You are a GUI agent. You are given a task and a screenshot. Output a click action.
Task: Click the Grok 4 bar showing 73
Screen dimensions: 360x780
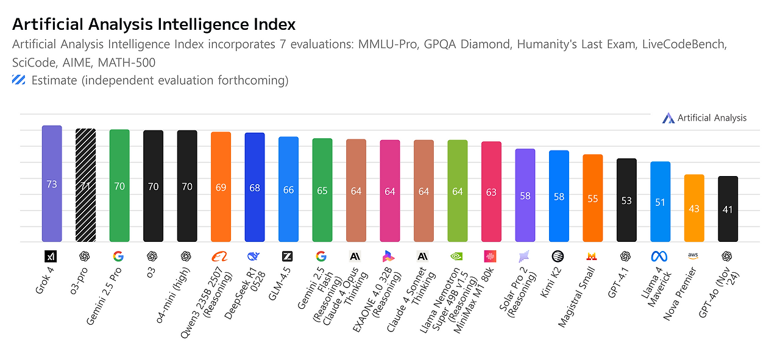click(x=52, y=183)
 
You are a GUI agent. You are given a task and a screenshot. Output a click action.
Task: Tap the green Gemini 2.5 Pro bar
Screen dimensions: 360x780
click(x=119, y=185)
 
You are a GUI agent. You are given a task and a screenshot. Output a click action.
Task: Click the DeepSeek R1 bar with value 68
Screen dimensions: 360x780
click(x=255, y=187)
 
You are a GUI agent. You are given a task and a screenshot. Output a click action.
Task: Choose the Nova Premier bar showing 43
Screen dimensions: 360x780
click(x=694, y=208)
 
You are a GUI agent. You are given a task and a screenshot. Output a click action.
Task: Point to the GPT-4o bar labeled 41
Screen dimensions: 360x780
click(x=728, y=209)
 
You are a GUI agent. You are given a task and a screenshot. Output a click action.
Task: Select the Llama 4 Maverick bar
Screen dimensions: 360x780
click(x=660, y=202)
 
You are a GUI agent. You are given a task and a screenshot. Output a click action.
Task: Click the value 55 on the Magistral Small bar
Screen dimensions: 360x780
click(x=592, y=199)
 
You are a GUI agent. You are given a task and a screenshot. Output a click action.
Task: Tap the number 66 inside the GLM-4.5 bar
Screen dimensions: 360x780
click(x=288, y=190)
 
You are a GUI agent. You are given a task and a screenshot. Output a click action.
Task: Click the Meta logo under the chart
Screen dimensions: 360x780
click(x=660, y=256)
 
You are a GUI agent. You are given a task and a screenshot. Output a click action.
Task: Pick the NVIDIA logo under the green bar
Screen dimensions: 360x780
click(x=457, y=256)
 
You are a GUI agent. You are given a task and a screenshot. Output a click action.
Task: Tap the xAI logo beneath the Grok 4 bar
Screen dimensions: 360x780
click(x=52, y=256)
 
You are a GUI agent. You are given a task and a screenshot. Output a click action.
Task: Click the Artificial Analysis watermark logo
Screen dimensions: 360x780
click(x=668, y=118)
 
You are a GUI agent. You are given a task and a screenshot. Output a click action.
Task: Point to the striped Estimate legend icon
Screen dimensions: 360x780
click(x=19, y=80)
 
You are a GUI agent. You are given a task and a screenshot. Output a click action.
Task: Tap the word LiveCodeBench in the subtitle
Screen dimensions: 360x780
click(x=685, y=44)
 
